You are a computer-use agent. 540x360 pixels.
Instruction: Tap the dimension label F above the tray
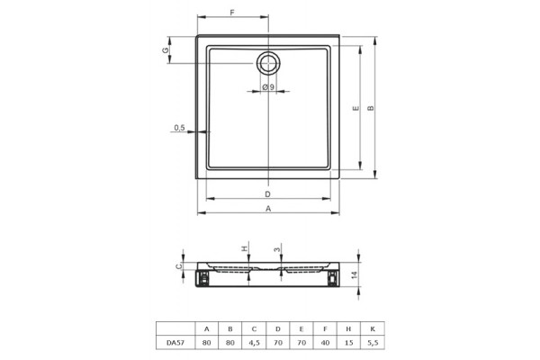pyautogui.click(x=232, y=13)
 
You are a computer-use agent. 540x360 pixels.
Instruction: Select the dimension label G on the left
pyautogui.click(x=166, y=50)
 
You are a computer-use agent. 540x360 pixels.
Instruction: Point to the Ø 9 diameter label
pyautogui.click(x=268, y=87)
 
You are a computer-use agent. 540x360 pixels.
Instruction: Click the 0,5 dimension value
pyautogui.click(x=179, y=128)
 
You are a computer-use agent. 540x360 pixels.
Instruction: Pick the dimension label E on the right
pyautogui.click(x=355, y=108)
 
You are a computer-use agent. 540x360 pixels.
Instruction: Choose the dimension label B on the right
pyautogui.click(x=371, y=108)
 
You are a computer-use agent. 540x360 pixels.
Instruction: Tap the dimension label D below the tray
pyautogui.click(x=267, y=194)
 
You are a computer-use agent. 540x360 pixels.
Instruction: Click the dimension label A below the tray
pyautogui.click(x=268, y=209)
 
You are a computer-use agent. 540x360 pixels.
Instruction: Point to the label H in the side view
pyautogui.click(x=244, y=248)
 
